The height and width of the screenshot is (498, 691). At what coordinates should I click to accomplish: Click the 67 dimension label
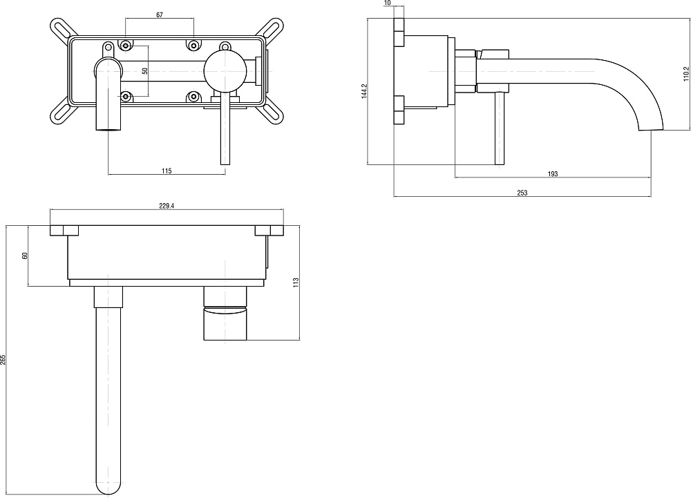pos(160,15)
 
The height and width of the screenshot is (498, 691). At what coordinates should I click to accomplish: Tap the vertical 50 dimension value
pos(144,70)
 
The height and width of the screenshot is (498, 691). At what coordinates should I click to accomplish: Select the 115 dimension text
pos(167,171)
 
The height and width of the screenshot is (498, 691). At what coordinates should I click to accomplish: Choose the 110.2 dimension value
pos(685,73)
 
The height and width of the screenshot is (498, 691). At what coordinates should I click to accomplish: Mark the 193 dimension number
pos(553,174)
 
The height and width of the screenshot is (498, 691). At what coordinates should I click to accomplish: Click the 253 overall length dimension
pos(522,193)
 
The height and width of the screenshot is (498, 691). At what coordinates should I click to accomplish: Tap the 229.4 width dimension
pos(167,204)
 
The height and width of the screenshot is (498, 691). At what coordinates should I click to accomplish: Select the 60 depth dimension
pos(25,256)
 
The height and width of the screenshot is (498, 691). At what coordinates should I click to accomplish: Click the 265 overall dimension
pos(3,359)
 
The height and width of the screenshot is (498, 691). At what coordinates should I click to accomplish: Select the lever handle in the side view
pos(500,128)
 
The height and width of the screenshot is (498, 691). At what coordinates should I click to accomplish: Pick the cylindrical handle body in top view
pos(225,322)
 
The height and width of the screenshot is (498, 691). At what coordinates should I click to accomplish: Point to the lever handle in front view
pos(224,131)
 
